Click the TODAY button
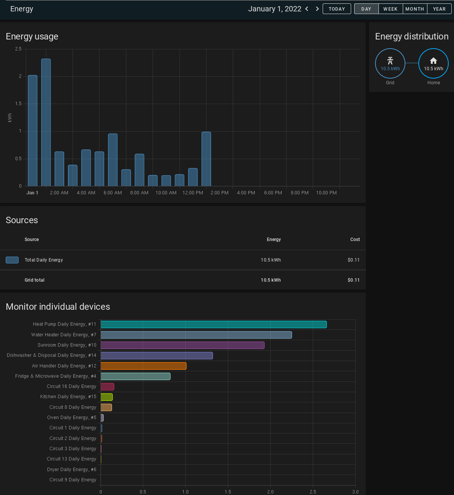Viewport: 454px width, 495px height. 337,9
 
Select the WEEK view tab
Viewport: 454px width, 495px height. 390,9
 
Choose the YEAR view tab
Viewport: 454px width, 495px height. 439,9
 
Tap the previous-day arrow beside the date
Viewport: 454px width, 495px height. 307,9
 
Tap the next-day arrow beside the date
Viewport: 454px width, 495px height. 317,9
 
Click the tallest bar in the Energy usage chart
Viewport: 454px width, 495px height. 46,122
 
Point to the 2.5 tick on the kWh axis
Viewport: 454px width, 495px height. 18,49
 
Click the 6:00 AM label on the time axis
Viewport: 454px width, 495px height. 113,193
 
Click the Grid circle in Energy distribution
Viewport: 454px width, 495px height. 390,63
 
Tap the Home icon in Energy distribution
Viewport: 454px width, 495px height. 434,61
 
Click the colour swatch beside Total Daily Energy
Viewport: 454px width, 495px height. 12,260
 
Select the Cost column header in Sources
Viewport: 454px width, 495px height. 355,240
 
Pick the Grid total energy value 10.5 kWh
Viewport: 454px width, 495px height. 271,280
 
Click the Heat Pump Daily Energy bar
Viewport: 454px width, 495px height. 213,325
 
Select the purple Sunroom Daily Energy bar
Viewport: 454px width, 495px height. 182,345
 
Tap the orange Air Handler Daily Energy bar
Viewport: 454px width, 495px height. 143,366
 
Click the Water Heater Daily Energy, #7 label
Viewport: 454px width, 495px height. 64,335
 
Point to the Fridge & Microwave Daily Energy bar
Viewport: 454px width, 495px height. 136,376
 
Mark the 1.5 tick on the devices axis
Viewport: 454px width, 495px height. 228,492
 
